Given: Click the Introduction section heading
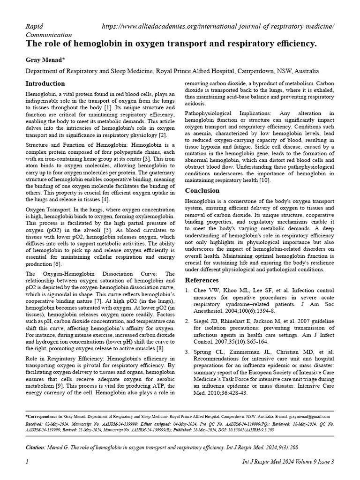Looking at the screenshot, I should tap(45, 84).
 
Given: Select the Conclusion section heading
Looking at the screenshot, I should tap(202, 191).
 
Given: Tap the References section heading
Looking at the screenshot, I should tap(202, 280).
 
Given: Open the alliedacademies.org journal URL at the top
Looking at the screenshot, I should tap(218, 27).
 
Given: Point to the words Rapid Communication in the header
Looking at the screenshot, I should tap(48, 30).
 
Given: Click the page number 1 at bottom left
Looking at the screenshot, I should tap(27, 462).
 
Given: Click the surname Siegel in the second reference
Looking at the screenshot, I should tap(202, 321).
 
